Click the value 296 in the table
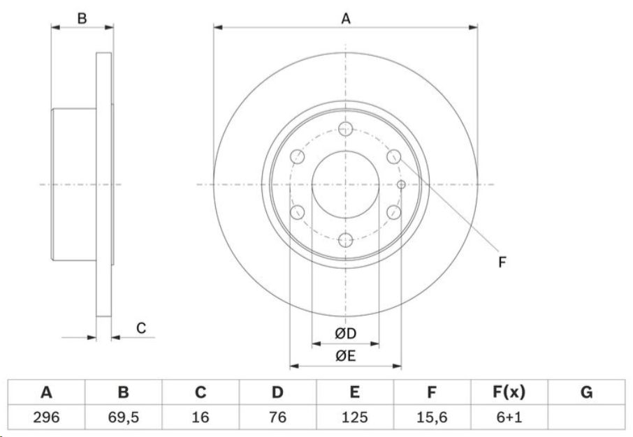click(46, 417)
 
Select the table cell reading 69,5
click(124, 417)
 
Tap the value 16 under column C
click(201, 417)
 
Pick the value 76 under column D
click(278, 417)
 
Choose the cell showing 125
click(354, 417)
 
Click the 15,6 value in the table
click(432, 417)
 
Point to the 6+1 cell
click(509, 417)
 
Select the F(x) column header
click(509, 392)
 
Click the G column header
click(586, 392)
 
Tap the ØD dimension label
click(346, 333)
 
